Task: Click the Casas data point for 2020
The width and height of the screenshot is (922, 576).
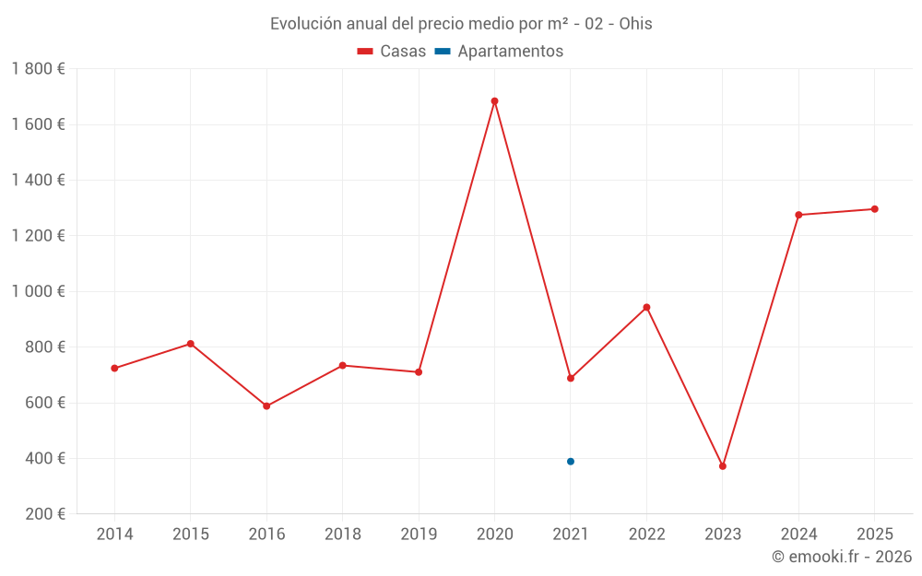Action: pyautogui.click(x=494, y=101)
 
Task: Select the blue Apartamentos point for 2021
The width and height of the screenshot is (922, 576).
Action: pyautogui.click(x=571, y=462)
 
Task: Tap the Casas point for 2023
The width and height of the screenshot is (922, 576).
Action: pyautogui.click(x=723, y=466)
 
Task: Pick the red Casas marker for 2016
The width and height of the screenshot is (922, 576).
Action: pyautogui.click(x=266, y=406)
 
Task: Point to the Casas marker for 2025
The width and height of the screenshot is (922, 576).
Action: pyautogui.click(x=875, y=209)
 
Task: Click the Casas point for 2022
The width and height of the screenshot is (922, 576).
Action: pyautogui.click(x=646, y=307)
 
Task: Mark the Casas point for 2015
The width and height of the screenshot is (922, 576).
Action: pyautogui.click(x=191, y=344)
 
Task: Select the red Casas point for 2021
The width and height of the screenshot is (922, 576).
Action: pyautogui.click(x=571, y=378)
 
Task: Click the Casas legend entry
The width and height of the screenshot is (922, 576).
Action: pyautogui.click(x=392, y=52)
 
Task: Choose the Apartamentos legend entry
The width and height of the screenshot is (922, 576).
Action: pyautogui.click(x=499, y=52)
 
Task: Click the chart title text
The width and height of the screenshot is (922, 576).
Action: pyautogui.click(x=461, y=24)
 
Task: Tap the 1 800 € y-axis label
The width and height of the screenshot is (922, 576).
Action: pyautogui.click(x=38, y=69)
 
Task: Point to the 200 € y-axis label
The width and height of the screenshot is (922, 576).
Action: pyautogui.click(x=43, y=514)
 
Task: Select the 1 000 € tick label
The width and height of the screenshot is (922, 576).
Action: pyautogui.click(x=38, y=291)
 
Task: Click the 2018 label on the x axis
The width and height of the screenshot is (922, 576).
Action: pyautogui.click(x=342, y=535)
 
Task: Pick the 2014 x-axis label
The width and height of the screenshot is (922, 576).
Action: pyautogui.click(x=114, y=535)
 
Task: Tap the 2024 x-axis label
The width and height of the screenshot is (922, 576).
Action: pyautogui.click(x=798, y=535)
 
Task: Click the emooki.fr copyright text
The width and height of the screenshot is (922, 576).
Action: pyautogui.click(x=841, y=557)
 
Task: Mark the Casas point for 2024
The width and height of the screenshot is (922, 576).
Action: pyautogui.click(x=798, y=215)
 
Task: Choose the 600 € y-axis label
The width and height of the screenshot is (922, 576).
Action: pyautogui.click(x=43, y=403)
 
